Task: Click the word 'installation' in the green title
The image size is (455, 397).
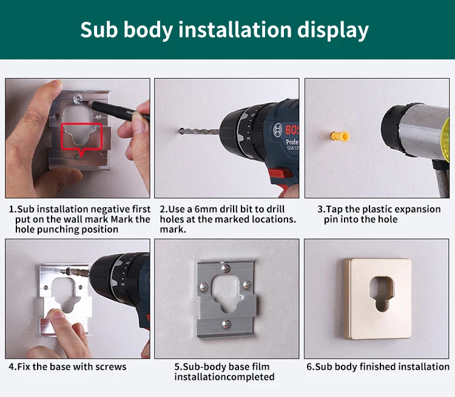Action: pos(235,30)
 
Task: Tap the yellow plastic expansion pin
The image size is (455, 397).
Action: pos(340,136)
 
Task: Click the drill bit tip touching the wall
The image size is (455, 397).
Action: pos(181,131)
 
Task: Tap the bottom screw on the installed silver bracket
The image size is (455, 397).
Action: pos(226,324)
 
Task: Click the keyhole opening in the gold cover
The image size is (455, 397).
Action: pos(382,293)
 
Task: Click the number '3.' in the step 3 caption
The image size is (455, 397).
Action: pos(321,209)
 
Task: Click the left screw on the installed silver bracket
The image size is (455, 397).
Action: pos(204,287)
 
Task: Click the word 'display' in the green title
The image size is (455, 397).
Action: pos(332,30)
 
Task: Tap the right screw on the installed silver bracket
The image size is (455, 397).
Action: pos(246,285)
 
